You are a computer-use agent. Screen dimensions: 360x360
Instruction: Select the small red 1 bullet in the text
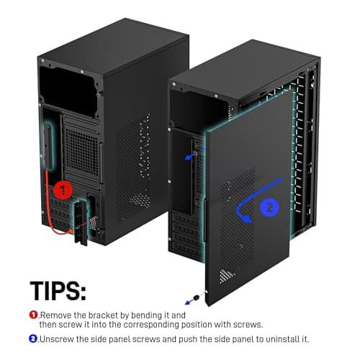coord(33,314)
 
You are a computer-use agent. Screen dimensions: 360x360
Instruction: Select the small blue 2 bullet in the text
coord(33,338)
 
